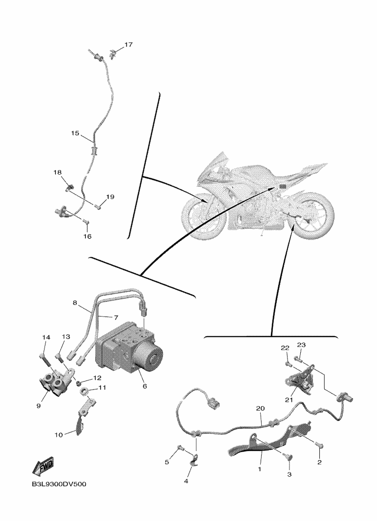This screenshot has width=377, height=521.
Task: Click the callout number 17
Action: (129, 45)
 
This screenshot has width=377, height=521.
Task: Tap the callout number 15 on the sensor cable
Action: (75, 133)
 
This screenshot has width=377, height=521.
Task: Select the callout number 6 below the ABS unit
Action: (144, 386)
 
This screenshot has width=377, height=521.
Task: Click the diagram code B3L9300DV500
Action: (59, 484)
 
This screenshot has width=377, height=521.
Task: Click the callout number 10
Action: (59, 434)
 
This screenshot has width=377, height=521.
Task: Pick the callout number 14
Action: (46, 337)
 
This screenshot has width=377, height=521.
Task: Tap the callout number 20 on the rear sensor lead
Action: (261, 408)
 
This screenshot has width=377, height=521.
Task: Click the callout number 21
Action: (289, 400)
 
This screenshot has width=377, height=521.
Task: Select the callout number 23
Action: (301, 345)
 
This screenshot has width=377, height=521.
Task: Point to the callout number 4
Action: (186, 481)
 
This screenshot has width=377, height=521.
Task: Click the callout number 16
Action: (87, 237)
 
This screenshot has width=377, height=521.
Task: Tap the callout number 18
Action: (58, 172)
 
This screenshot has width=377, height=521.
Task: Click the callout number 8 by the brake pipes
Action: (75, 303)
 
